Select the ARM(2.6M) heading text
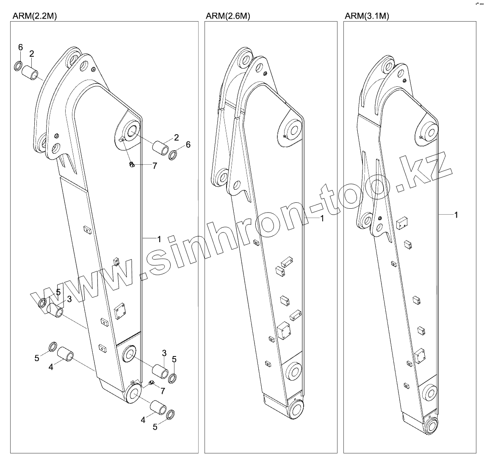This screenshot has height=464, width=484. click(227, 16)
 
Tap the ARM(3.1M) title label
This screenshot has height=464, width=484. click(367, 16)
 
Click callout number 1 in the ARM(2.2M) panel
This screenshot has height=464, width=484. click(159, 239)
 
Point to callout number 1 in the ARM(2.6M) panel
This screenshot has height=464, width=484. click(322, 218)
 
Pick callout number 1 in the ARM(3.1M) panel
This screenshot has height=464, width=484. click(456, 215)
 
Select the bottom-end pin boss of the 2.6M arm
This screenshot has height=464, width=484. click(296, 409)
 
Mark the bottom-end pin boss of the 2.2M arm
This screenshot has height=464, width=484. click(133, 393)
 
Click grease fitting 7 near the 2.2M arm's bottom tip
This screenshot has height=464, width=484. click(151, 384)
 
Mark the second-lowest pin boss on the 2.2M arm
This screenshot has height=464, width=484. click(128, 354)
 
